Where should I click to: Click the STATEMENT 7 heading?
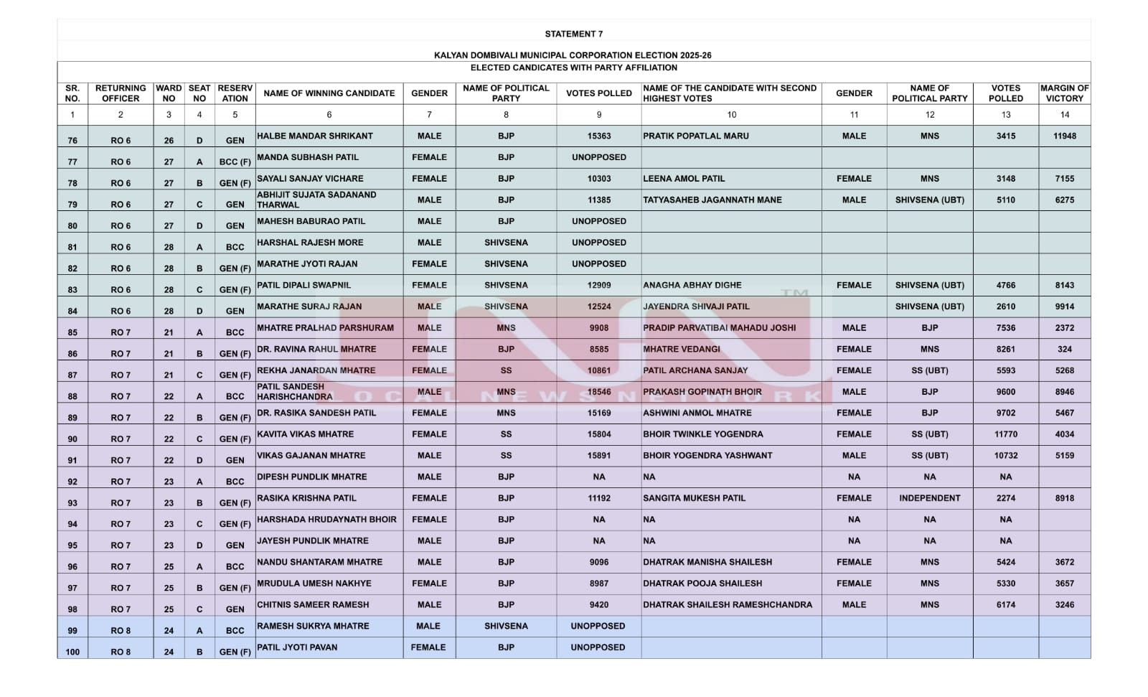573,34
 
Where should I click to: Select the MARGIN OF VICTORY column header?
1064,93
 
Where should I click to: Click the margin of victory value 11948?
1064,136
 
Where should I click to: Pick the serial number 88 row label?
72,396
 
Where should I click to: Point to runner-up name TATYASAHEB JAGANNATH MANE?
712,200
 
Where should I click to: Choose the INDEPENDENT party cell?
929,498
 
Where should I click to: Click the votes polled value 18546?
598,392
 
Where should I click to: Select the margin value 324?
1064,350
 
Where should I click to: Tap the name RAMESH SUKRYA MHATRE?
313,626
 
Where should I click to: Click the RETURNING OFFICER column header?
121,93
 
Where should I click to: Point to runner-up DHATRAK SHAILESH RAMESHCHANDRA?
728,605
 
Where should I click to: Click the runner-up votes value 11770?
1005,434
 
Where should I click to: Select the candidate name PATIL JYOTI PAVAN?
297,647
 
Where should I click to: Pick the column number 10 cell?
731,115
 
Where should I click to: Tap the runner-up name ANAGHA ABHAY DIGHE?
692,285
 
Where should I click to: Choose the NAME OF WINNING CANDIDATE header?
329,93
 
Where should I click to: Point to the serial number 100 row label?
72,652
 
